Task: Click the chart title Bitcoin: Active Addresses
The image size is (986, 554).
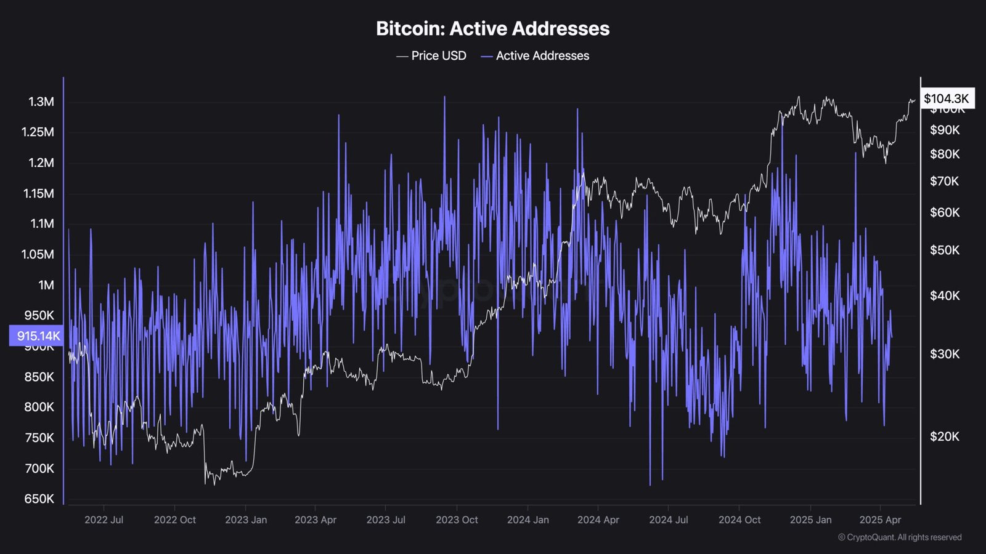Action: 492,28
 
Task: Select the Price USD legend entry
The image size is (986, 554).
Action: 431,56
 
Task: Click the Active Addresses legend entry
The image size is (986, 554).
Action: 535,56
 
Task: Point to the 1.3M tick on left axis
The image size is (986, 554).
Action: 41,102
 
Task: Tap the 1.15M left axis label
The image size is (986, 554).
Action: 39,193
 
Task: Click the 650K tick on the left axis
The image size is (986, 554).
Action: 39,499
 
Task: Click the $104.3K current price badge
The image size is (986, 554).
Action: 947,98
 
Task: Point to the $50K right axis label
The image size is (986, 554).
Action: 945,250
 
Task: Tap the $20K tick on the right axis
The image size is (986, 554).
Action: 945,436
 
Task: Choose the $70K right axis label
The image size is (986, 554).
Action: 945,181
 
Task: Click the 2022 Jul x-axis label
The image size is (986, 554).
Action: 104,520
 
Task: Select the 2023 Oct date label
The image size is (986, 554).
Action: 457,520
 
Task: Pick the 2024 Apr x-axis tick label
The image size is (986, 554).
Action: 598,520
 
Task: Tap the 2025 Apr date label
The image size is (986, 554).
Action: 880,520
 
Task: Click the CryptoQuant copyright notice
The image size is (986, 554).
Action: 900,537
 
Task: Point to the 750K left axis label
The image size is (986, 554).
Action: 39,438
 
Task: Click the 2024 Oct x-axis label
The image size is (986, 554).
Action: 739,520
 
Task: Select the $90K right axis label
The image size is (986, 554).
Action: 945,130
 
